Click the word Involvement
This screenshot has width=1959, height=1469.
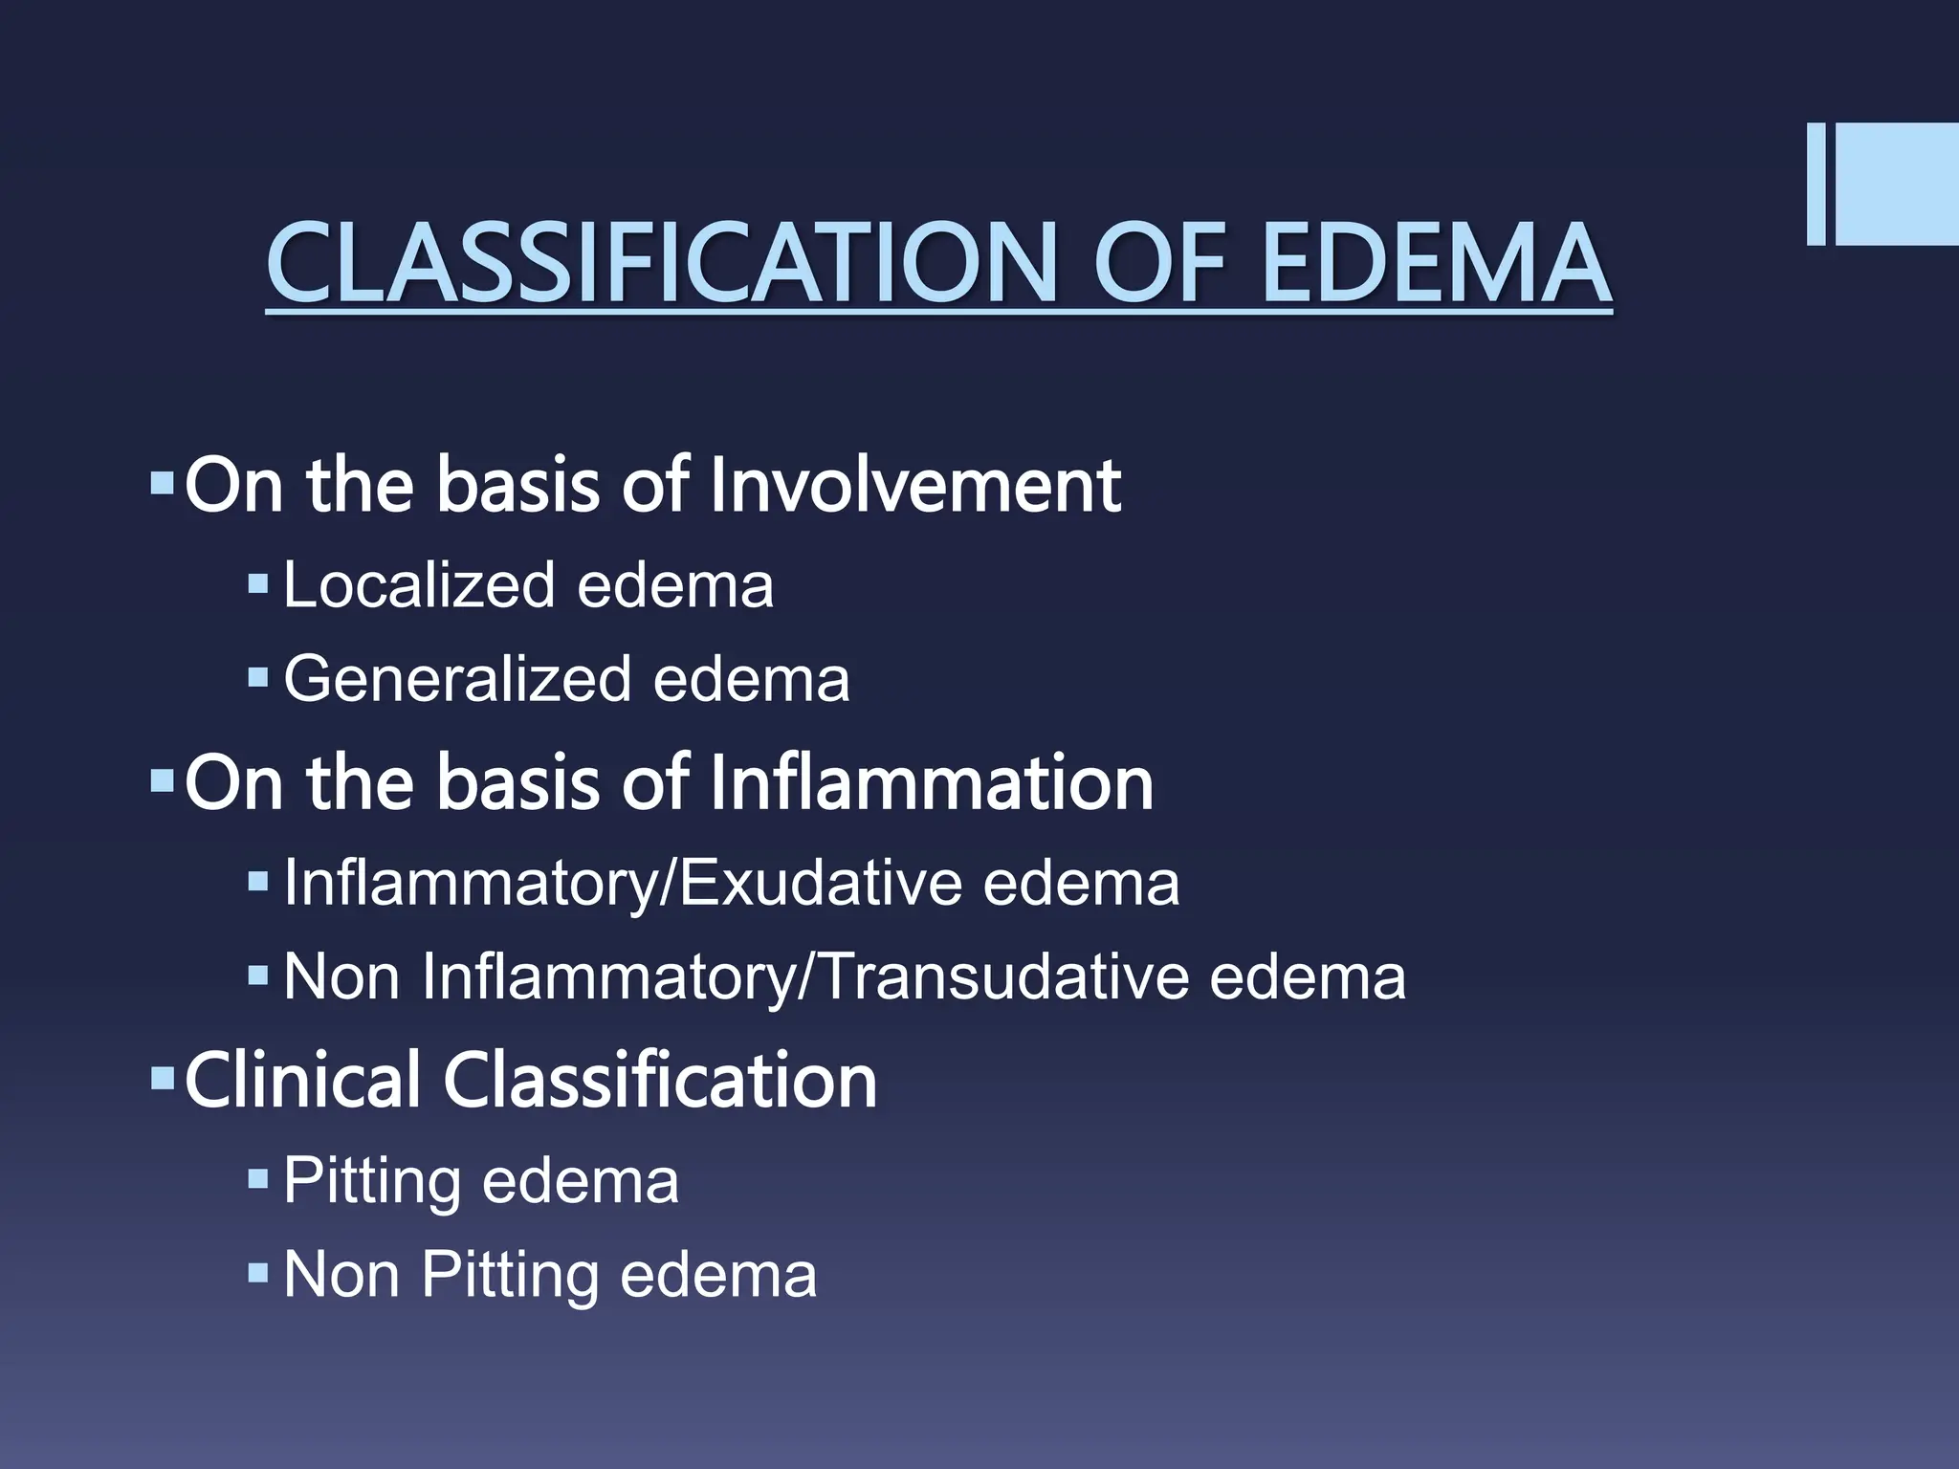click(915, 485)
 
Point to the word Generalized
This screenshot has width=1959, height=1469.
click(457, 679)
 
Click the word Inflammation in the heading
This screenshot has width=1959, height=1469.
click(932, 782)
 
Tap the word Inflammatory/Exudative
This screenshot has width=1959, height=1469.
click(622, 883)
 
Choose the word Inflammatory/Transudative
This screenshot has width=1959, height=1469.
click(803, 977)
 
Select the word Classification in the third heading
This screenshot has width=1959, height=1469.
click(660, 1080)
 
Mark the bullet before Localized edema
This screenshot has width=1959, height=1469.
click(257, 582)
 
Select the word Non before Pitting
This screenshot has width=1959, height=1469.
click(341, 1275)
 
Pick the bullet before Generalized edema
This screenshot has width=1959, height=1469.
click(257, 677)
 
